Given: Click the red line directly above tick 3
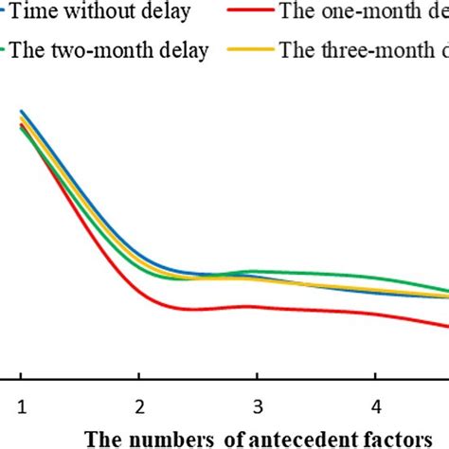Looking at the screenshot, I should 258,306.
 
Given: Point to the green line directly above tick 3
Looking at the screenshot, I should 258,271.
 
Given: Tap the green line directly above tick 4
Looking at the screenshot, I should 376,280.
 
